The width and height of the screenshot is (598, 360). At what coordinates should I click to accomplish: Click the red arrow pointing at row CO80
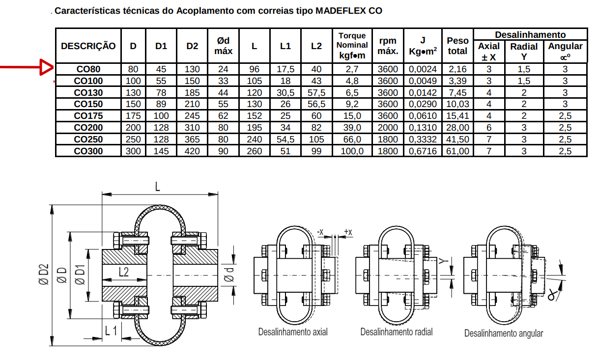27,67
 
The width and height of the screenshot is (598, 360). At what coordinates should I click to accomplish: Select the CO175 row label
88,116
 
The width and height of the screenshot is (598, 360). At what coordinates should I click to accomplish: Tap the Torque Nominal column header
352,45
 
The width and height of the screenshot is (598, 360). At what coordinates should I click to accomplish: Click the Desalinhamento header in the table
530,35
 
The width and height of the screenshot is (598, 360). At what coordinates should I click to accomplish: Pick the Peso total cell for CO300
457,151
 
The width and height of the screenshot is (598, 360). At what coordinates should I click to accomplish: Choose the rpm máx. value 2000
388,128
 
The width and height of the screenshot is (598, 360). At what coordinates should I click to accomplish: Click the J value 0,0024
423,69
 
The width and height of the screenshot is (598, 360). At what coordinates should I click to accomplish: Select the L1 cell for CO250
285,139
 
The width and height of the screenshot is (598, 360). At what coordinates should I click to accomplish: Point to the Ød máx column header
223,46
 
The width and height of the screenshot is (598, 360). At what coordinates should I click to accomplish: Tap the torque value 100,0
352,151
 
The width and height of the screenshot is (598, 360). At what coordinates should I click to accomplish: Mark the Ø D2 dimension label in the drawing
44,275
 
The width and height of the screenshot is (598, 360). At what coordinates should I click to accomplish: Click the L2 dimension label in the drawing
124,272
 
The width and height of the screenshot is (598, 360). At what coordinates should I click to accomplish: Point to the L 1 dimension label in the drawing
111,331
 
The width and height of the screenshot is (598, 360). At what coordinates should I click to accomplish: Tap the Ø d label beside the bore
229,275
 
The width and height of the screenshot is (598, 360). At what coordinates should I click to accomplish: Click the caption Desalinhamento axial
293,332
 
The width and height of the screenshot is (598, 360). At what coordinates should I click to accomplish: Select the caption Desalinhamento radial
397,332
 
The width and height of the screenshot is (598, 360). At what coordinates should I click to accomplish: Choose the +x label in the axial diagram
348,232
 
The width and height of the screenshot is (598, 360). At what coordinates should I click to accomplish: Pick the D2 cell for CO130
192,93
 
